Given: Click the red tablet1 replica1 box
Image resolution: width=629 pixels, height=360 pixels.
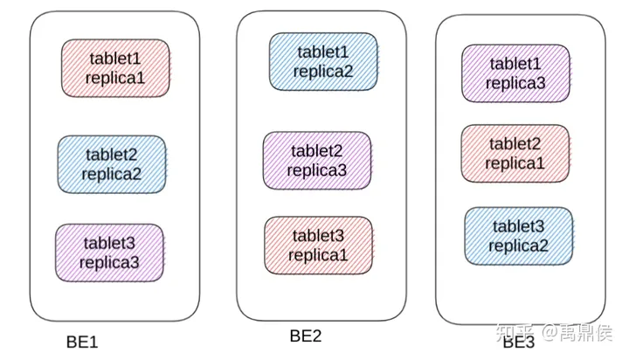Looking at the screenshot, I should pos(114,67).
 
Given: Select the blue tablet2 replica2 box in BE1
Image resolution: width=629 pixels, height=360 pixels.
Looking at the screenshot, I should pos(112,163).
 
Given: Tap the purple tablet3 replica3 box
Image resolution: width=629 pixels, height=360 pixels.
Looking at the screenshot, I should pos(109,252).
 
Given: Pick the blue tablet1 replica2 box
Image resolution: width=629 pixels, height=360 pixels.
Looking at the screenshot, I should pos(323,61).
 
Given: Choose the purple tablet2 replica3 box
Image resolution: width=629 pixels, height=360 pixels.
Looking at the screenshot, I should pos(317,160).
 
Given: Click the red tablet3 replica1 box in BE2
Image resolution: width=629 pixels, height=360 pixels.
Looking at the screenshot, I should pos(319,246).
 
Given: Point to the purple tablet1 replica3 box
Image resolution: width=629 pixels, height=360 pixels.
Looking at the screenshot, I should pos(515,73).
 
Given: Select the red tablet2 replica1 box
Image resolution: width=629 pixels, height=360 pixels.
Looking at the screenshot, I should pos(515,154).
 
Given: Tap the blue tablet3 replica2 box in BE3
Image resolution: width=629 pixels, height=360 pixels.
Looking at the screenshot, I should pos(518,235).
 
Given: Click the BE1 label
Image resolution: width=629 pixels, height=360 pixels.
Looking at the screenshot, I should pos(82,342).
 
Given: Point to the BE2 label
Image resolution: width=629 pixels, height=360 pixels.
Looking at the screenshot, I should pos(306,336).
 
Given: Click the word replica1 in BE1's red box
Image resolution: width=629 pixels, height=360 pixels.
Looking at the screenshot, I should pos(114,77).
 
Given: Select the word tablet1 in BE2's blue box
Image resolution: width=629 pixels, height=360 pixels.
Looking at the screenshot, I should pos(323,52).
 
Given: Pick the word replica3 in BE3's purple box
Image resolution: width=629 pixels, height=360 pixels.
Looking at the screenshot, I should pos(515,84).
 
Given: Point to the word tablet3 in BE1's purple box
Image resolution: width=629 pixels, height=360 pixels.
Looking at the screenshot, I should pos(109,242).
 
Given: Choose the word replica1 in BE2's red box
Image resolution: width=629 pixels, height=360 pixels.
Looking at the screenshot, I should pos(319,255).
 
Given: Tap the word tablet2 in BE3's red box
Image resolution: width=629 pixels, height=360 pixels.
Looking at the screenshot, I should pos(515,144).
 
